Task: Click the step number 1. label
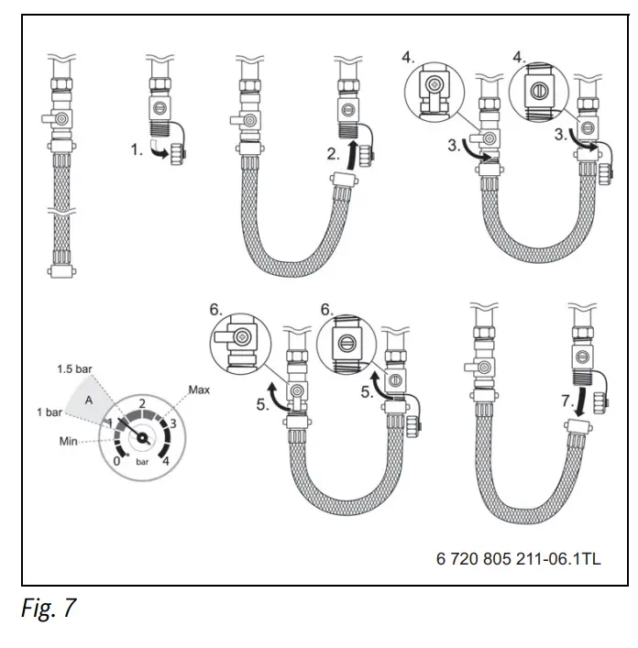tap(137, 149)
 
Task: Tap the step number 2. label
tap(333, 154)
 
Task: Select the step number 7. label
tap(567, 401)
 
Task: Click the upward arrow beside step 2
tap(352, 156)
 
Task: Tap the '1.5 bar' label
tap(74, 369)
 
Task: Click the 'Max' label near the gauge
tap(199, 390)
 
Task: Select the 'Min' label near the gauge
tap(68, 442)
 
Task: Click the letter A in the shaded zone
tap(89, 400)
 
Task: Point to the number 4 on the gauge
tap(166, 461)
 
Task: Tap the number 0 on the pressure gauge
tap(117, 461)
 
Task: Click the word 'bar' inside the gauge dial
tap(142, 462)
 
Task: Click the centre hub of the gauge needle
tap(142, 437)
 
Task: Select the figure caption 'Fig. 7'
tap(49, 608)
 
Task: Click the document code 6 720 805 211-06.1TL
tap(519, 559)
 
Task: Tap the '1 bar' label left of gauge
tap(49, 412)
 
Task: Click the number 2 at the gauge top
tap(142, 403)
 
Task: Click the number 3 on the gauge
tap(173, 423)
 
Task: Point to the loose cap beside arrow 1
tap(178, 156)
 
